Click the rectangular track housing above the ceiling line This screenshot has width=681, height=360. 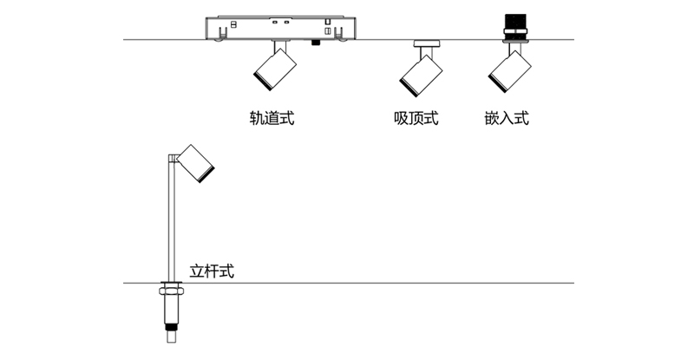[x=281, y=28]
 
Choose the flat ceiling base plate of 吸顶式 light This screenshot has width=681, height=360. [x=426, y=42]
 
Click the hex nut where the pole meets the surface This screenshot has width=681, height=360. [x=168, y=289]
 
